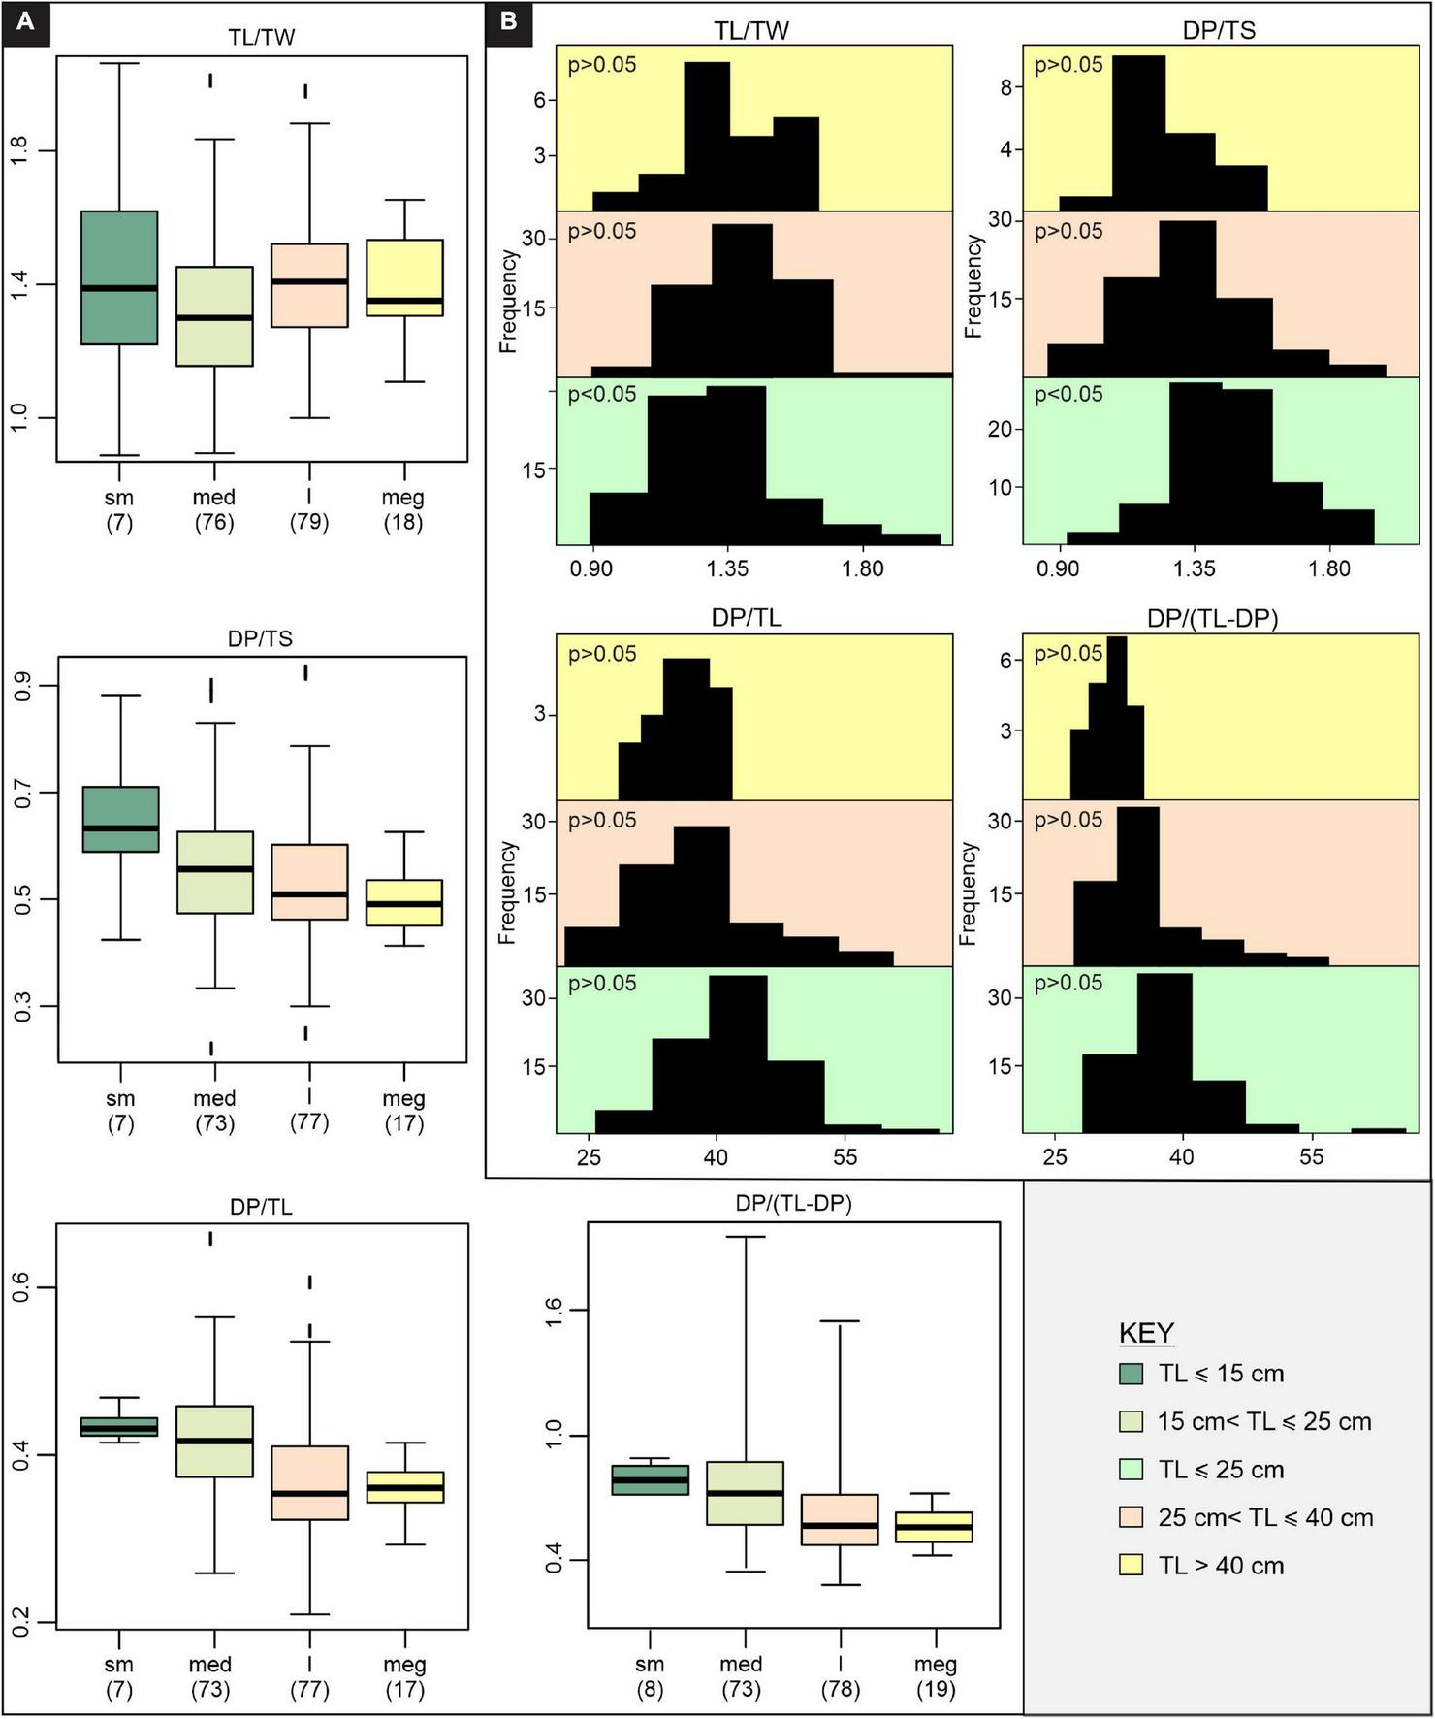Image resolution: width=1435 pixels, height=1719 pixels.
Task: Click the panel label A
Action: tap(24, 21)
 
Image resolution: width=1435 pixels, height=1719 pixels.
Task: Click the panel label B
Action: tap(508, 21)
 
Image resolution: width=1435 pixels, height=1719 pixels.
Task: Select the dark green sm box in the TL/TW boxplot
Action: tap(119, 277)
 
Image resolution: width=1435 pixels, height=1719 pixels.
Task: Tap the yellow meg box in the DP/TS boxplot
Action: tap(403, 902)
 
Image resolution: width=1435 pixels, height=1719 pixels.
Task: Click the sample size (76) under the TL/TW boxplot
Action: tap(213, 522)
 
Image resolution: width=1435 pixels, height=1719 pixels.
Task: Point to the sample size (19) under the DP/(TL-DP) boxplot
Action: tap(935, 1689)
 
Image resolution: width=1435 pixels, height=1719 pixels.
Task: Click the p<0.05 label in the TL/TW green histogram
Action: tap(602, 394)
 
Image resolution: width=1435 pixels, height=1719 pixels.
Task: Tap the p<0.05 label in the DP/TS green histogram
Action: tap(1068, 394)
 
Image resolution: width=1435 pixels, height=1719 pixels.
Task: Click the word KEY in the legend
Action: tap(1146, 1333)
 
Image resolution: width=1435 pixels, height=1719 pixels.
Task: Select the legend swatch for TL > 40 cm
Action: tap(1131, 1565)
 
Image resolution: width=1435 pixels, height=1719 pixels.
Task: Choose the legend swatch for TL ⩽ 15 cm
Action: tap(1131, 1373)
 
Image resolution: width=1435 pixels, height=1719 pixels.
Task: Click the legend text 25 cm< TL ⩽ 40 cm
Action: tap(1264, 1517)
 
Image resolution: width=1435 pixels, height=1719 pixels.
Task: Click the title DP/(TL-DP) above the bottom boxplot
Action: tap(793, 1203)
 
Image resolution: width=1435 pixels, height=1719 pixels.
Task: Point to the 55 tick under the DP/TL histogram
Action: tap(844, 1156)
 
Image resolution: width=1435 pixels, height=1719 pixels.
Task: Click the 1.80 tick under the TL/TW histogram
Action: tap(862, 568)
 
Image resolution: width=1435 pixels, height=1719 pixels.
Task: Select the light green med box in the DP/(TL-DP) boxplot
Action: tap(745, 1493)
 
